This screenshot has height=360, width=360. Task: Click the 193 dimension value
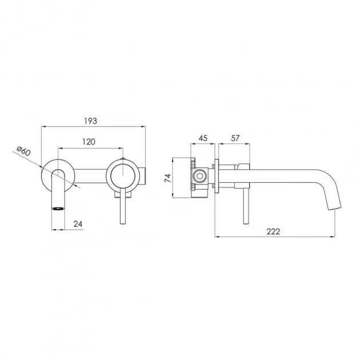pyautogui.click(x=90, y=121)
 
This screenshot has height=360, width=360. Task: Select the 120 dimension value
pyautogui.click(x=89, y=142)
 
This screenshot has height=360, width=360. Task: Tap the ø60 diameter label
pyautogui.click(x=23, y=151)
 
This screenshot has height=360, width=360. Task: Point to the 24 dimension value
pyautogui.click(x=78, y=224)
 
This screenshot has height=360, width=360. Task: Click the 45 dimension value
pyautogui.click(x=203, y=138)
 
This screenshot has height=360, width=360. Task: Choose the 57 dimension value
pyautogui.click(x=235, y=138)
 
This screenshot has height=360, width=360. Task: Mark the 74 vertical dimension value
pyautogui.click(x=168, y=178)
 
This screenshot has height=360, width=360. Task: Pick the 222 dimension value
pyautogui.click(x=273, y=231)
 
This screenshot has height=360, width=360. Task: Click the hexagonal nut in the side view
pyautogui.click(x=198, y=177)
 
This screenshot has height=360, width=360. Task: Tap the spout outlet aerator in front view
pyautogui.click(x=58, y=209)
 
